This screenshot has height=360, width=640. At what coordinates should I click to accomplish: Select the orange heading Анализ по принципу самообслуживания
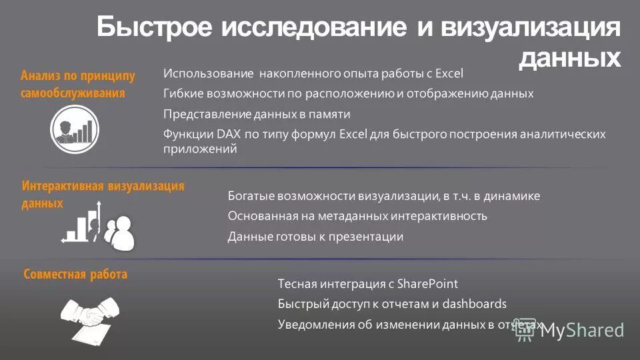pos(77,85)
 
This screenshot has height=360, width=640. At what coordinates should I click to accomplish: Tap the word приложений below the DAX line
pos(200,149)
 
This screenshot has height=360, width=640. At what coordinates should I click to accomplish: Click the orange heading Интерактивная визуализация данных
pos(103,194)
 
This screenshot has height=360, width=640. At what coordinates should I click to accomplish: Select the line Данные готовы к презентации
pos(315,237)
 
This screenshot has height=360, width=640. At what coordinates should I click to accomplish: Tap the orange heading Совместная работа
pos(75,274)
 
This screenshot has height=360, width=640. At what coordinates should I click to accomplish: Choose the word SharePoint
pos(427,284)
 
